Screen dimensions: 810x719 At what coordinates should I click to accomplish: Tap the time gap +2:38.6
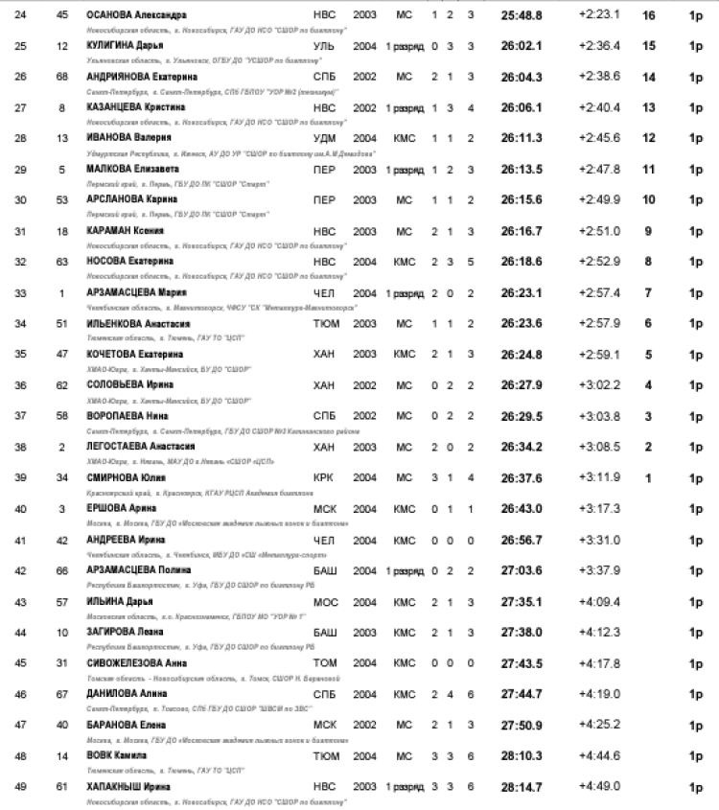599,77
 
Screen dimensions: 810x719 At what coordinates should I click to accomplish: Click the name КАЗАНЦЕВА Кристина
135,107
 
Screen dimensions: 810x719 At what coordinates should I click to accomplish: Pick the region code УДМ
325,138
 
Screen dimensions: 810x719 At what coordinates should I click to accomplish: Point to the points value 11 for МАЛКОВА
648,169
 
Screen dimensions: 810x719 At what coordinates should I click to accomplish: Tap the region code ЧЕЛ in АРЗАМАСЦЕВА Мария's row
324,292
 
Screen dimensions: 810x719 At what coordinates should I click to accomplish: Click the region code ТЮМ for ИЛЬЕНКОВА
326,323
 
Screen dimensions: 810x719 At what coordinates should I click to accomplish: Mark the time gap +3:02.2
599,384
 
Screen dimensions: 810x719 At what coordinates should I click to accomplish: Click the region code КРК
324,477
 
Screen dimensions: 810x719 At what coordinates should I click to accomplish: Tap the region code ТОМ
325,662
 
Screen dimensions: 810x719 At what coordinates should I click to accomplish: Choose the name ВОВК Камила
117,755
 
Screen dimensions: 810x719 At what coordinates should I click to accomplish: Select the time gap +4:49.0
599,786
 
